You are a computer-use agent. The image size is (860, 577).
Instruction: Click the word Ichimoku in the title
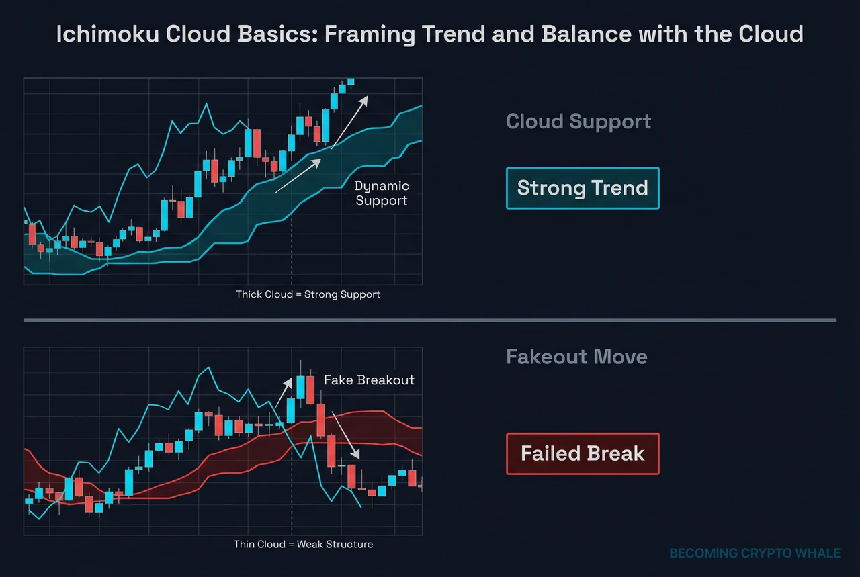click(96, 34)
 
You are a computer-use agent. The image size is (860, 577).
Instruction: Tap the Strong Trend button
click(583, 188)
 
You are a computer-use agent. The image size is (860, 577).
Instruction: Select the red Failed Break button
click(583, 454)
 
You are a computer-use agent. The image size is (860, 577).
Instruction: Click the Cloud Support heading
click(578, 122)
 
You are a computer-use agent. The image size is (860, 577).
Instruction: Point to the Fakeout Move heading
click(576, 356)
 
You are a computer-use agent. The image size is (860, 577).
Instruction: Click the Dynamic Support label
click(381, 193)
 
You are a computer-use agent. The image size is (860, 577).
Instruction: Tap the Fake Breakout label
click(369, 380)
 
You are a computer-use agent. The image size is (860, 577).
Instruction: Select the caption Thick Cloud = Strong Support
click(308, 294)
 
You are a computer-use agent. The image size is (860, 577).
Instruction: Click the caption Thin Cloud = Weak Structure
click(303, 544)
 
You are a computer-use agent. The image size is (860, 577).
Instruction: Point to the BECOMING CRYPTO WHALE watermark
click(755, 553)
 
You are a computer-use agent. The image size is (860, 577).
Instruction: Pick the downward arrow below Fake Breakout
click(346, 438)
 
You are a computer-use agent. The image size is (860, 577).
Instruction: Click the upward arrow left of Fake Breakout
click(283, 394)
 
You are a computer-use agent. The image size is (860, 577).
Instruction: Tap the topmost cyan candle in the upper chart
click(350, 81)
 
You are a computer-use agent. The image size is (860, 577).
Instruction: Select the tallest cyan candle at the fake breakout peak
click(300, 389)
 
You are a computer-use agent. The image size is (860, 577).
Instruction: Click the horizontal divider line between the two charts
click(430, 320)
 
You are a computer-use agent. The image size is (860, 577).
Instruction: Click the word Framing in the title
click(369, 34)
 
